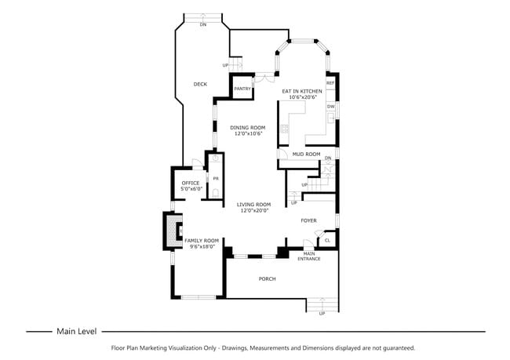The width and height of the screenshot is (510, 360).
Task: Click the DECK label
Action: [x=200, y=84]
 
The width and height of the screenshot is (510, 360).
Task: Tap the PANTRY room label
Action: [x=242, y=89]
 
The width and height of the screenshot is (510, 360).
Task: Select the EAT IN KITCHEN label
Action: [x=302, y=91]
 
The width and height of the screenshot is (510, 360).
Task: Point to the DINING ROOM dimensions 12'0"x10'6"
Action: [x=247, y=133]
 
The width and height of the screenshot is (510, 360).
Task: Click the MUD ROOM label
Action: [x=306, y=154]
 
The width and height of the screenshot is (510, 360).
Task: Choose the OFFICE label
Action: [x=191, y=184]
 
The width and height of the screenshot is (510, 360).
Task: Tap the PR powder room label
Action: [x=215, y=178]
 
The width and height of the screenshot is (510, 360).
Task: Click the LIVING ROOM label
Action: [x=253, y=204]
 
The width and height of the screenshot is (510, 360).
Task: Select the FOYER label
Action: [x=308, y=220]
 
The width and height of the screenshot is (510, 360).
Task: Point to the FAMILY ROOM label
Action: [x=200, y=240]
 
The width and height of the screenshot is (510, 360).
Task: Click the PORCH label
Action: [x=267, y=278]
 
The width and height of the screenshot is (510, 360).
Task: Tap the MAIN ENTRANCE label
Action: [x=308, y=256]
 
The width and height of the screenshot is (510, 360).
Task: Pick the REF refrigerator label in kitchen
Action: [x=330, y=82]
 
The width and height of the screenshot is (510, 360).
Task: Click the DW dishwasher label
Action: [x=330, y=107]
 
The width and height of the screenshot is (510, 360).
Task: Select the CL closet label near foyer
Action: [x=327, y=240]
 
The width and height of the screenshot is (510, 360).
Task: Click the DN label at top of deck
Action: [x=203, y=25]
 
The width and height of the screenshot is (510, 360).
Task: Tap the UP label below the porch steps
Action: [x=321, y=313]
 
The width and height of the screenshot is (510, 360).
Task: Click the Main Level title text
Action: [x=76, y=331]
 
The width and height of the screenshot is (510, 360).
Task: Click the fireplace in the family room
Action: [x=170, y=228]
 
